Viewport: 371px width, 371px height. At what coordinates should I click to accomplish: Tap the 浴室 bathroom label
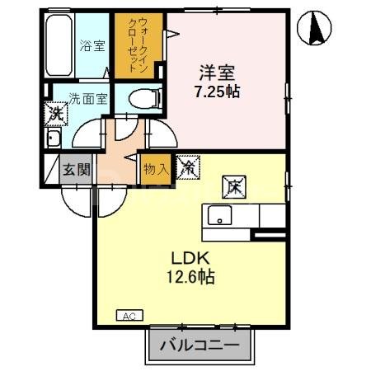92,46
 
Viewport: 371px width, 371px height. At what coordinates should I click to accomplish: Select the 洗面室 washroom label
87,98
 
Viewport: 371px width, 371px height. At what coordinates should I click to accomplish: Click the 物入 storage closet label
156,169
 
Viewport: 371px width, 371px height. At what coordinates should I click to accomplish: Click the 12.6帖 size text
192,278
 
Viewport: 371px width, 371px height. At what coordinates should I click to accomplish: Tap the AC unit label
129,315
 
